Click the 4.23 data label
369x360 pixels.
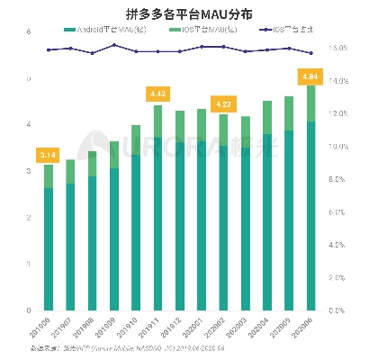click(x=222, y=103)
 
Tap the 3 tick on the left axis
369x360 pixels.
click(x=30, y=171)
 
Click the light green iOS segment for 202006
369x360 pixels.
click(x=310, y=103)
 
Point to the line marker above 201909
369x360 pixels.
click(x=114, y=44)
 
